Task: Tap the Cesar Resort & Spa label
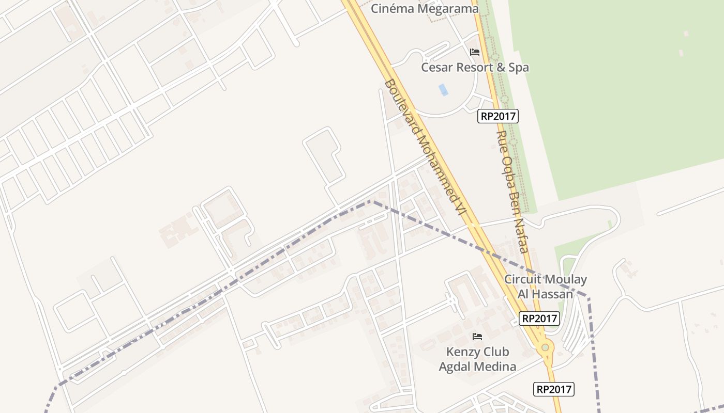475,67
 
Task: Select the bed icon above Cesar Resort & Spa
475,52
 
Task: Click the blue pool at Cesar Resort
443,89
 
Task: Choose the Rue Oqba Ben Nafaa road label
512,192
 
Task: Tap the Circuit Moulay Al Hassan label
546,287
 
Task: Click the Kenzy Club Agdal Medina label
477,359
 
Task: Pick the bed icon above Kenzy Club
477,337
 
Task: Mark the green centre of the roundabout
545,347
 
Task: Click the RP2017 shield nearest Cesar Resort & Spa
498,116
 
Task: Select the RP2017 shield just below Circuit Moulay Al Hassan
539,319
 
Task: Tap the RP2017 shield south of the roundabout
554,389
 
